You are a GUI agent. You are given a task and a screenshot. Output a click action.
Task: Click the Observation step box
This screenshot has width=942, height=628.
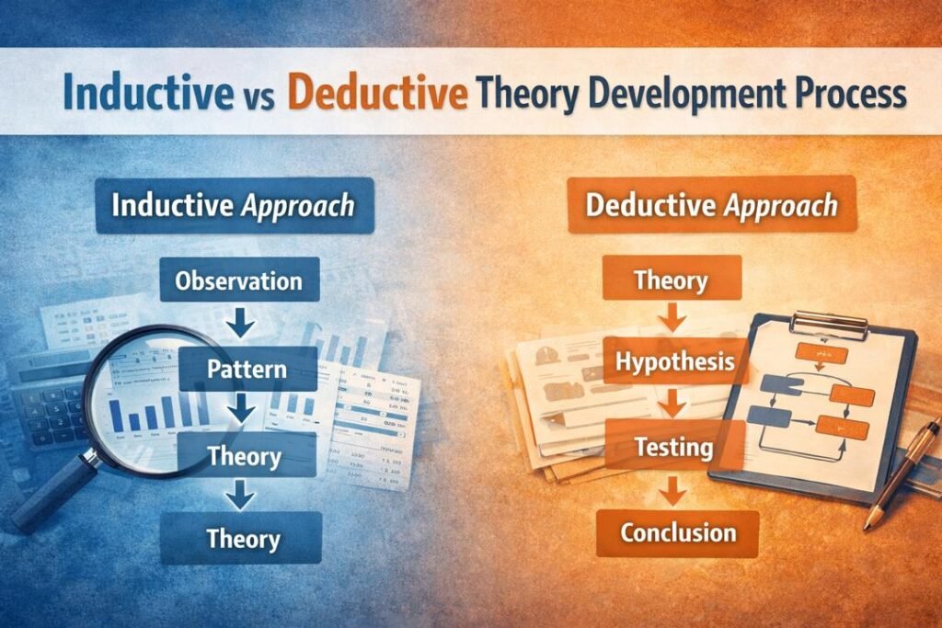click(x=239, y=279)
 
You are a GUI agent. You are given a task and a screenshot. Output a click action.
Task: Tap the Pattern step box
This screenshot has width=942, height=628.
click(x=247, y=370)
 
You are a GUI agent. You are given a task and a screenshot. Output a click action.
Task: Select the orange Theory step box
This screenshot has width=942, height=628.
click(x=671, y=279)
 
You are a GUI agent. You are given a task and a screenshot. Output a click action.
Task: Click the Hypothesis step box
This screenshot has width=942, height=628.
click(x=675, y=360)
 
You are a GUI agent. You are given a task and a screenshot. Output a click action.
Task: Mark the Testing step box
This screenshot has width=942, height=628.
click(x=674, y=448)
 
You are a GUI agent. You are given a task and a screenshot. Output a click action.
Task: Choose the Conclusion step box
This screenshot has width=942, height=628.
click(x=677, y=532)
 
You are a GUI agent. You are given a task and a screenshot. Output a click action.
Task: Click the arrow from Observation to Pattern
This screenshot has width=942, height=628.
click(x=239, y=324)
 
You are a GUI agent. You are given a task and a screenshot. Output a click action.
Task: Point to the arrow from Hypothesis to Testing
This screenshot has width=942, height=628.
click(x=673, y=403)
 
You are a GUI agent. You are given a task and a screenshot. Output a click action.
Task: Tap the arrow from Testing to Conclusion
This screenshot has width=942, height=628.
click(x=673, y=490)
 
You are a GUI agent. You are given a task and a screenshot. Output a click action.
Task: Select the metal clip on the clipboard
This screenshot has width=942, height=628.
click(x=829, y=324)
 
